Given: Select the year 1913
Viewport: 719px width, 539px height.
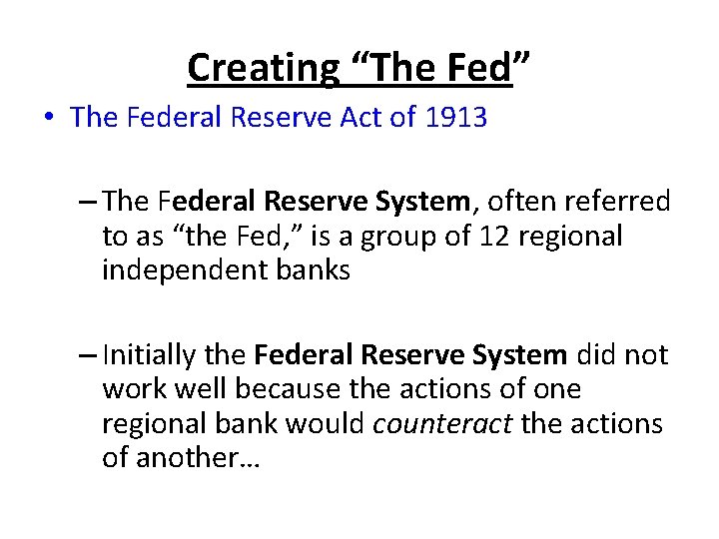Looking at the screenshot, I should [455, 118].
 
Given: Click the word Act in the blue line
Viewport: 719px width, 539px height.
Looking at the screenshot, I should [365, 118].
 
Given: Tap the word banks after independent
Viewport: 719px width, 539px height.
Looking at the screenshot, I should [311, 270].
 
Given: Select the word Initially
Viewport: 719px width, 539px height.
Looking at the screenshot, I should [162, 355].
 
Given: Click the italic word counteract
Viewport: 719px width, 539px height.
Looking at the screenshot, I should [441, 423].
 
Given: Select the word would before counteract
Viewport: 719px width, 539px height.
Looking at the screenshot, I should [326, 423].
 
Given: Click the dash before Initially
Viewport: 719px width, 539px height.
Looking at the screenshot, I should [87, 356].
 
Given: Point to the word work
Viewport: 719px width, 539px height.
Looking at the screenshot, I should [135, 389].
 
